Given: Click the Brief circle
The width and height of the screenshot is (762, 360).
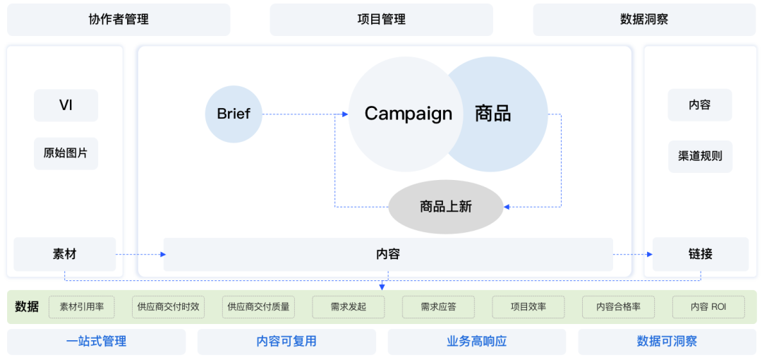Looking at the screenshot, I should [x=234, y=114].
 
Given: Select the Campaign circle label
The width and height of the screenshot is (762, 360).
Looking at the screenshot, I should [x=408, y=114].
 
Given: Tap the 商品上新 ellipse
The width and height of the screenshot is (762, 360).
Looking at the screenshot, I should [x=445, y=207].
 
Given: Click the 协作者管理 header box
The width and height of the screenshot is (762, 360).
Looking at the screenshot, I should [x=119, y=20].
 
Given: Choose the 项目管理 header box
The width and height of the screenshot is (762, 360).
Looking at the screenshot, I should [x=381, y=20].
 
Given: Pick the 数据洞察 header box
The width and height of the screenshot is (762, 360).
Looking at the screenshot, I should [x=643, y=20].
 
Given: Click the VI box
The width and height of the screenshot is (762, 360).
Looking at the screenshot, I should [x=66, y=106].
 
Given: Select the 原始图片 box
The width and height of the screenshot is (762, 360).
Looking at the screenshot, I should [x=66, y=153].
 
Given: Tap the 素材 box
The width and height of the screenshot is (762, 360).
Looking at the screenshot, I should [x=64, y=254].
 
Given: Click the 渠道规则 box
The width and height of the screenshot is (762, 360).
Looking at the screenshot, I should [x=700, y=156].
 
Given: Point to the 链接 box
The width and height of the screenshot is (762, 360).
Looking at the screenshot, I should [x=700, y=254].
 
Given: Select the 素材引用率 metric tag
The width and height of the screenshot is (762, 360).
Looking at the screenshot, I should [x=82, y=307].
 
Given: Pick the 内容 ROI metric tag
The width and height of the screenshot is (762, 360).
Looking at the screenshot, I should [x=708, y=307].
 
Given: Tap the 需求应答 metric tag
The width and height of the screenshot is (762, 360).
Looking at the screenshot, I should [x=438, y=307].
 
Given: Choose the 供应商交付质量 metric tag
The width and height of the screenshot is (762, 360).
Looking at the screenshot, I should [x=258, y=307].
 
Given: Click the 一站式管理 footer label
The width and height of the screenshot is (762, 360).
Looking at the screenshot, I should [x=97, y=342].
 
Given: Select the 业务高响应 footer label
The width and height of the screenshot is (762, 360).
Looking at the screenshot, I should [x=476, y=342].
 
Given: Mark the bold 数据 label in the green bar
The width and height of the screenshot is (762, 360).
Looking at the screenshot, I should [x=27, y=307].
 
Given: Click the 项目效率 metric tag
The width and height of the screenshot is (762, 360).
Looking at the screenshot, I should [x=528, y=307].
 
